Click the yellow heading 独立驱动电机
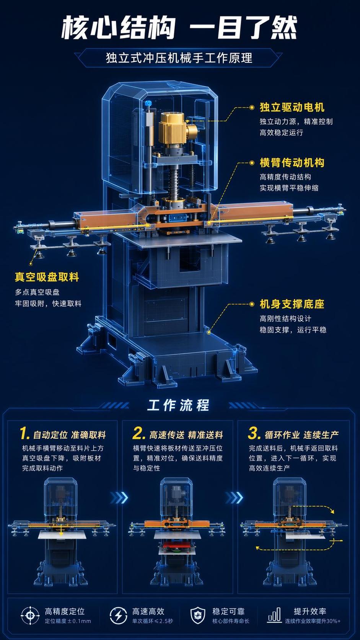click(292, 108)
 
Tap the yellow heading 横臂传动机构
click(292, 163)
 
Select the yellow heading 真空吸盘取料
click(47, 277)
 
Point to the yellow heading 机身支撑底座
click(292, 304)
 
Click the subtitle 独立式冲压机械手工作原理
click(179, 58)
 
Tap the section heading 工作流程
click(178, 405)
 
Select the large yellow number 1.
click(24, 433)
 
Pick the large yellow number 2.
click(139, 433)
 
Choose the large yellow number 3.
click(254, 433)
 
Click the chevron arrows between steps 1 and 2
click(119, 498)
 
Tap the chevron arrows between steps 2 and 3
click(235, 498)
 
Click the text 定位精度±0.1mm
click(68, 621)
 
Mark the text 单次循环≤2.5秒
click(152, 621)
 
